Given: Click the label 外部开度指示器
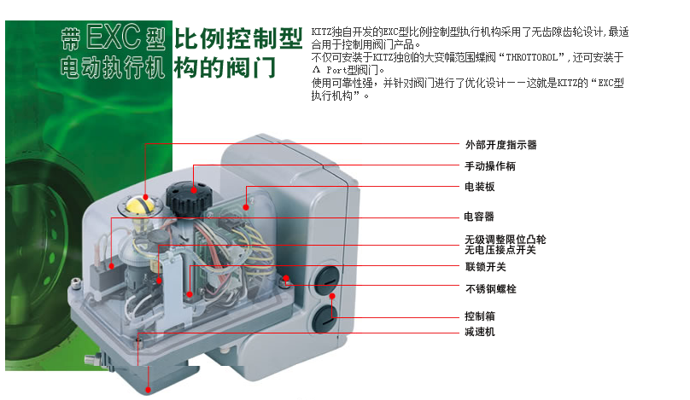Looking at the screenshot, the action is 500,145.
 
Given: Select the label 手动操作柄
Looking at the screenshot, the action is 490,166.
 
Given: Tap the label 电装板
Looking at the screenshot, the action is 480,187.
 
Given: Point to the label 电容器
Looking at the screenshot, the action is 479,217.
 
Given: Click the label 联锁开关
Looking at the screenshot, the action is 486,267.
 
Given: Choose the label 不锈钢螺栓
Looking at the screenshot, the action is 491,289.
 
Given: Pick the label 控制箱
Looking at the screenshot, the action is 480,316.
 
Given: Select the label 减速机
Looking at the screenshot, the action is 480,332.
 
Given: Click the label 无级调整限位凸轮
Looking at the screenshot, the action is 506,240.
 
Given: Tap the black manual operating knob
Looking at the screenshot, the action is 189,199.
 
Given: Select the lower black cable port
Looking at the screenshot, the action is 325,318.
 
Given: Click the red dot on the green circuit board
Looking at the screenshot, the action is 246,207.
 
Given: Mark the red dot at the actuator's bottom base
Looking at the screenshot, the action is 149,390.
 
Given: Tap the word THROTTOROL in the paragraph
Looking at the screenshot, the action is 531,57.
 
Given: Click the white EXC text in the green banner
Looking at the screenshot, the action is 114,37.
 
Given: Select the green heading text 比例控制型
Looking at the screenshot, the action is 238,38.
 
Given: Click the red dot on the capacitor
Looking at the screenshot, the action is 112,266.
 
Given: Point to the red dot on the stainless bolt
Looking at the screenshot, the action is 286,278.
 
